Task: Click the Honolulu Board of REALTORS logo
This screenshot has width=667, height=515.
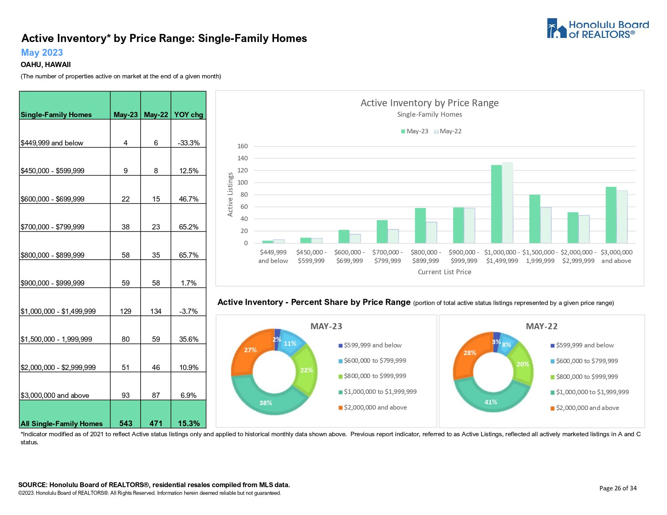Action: pyautogui.click(x=597, y=29)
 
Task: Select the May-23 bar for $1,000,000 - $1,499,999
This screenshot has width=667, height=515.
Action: pyautogui.click(x=496, y=204)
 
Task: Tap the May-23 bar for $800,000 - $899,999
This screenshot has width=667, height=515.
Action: pyautogui.click(x=420, y=225)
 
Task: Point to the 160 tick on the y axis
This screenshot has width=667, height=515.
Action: pyautogui.click(x=243, y=146)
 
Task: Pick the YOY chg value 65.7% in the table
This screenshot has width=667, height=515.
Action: pyautogui.click(x=188, y=255)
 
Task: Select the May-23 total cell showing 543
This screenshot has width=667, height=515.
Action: pyautogui.click(x=126, y=423)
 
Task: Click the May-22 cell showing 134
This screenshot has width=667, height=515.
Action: pyautogui.click(x=156, y=311)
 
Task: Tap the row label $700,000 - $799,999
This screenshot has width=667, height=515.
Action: pyautogui.click(x=53, y=227)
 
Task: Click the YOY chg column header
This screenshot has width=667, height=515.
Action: pyautogui.click(x=188, y=115)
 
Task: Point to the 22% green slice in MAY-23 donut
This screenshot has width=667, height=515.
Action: pyautogui.click(x=306, y=370)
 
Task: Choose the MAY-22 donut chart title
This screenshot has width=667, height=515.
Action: pyautogui.click(x=541, y=326)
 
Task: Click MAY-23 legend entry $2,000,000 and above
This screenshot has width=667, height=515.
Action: pyautogui.click(x=375, y=408)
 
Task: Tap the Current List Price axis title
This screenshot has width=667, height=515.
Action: pyautogui.click(x=444, y=272)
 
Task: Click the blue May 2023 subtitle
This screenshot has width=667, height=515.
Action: pyautogui.click(x=42, y=53)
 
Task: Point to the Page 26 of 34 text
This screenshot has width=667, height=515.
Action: pyautogui.click(x=618, y=488)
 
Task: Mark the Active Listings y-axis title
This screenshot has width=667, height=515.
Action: pyautogui.click(x=230, y=194)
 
